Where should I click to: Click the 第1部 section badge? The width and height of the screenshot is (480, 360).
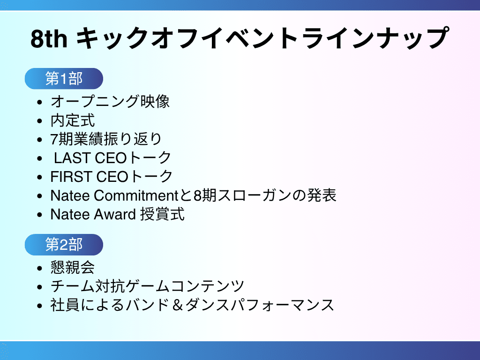[x=64, y=79]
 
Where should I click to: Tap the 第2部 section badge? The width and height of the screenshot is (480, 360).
[x=64, y=245]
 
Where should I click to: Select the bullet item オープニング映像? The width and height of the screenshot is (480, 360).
[x=110, y=101]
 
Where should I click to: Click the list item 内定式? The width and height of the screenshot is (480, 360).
[x=73, y=120]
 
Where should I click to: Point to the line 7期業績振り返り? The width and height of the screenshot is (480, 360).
[x=106, y=139]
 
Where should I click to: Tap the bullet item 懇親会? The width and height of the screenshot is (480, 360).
[x=73, y=267]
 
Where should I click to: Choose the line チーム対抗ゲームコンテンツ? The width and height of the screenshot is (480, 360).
[x=147, y=286]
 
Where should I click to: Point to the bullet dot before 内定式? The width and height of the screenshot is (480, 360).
[x=41, y=121]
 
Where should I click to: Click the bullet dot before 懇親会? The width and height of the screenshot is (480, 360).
[x=41, y=268]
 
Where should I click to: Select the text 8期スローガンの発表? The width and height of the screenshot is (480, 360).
[x=265, y=195]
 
